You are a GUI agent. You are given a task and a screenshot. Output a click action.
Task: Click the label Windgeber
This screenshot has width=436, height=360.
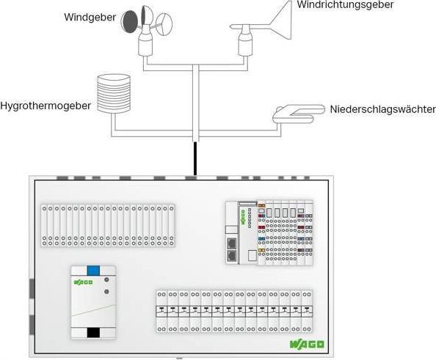coord(90,16)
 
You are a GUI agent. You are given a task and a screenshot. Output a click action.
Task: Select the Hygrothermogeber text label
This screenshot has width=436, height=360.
coord(46,106)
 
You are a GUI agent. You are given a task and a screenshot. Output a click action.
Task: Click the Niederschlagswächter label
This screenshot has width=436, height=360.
coord(382,109)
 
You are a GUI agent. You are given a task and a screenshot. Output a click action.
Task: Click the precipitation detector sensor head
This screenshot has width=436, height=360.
coord(297,113)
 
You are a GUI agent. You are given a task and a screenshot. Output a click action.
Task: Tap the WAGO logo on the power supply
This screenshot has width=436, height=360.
coord(82,281)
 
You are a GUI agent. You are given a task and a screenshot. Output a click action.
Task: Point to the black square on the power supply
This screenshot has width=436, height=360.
coord(93,331)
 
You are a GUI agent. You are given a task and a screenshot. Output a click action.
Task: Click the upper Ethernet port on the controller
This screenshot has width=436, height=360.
coord(232,243)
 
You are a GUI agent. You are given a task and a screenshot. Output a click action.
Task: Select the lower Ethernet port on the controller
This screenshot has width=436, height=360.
coord(232,256)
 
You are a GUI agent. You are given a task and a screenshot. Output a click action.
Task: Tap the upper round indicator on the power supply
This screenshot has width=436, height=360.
coord(108,279)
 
